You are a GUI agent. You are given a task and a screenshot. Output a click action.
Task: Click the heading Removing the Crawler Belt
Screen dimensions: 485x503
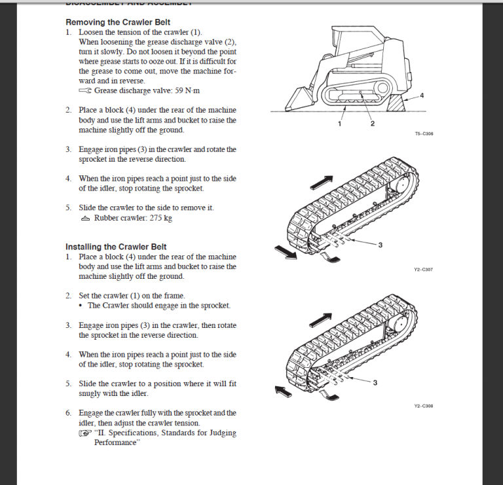[116, 22]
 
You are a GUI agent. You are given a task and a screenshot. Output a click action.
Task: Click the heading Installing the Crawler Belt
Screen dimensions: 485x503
[116, 247]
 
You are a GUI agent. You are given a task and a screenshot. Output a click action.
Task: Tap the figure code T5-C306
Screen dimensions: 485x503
[424, 134]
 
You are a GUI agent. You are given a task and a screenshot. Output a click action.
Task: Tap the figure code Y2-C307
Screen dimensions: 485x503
[423, 270]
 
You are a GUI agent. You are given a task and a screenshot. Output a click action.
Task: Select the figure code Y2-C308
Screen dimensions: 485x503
[423, 406]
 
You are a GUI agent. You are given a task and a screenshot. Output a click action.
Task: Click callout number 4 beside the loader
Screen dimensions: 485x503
[422, 96]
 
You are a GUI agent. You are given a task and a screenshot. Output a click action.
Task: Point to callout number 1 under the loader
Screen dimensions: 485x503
[340, 124]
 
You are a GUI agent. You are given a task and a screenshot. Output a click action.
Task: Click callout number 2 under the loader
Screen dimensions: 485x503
[372, 124]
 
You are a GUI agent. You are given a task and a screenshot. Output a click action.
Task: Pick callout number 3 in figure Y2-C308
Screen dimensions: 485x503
[375, 382]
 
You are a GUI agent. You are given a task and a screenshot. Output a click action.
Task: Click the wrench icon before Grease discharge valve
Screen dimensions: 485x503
[85, 91]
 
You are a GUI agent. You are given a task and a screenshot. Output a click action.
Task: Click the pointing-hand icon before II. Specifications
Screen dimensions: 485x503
[85, 433]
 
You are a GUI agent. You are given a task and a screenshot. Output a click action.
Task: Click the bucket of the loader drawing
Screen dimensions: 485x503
[295, 102]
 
